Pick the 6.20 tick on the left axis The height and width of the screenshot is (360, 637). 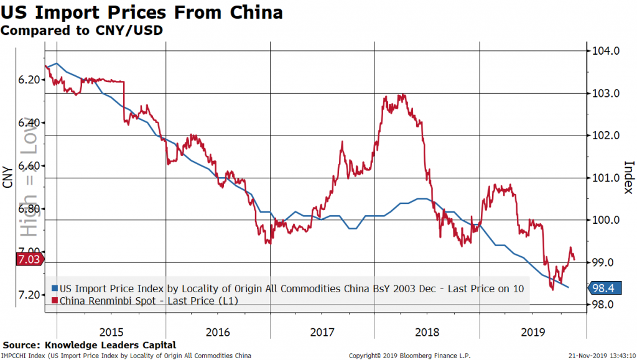pyautogui.click(x=28, y=80)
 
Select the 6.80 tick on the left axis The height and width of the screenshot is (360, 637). pyautogui.click(x=28, y=209)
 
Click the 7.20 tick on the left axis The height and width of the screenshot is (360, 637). pyautogui.click(x=28, y=295)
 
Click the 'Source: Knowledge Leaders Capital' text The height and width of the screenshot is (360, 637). pyautogui.click(x=90, y=344)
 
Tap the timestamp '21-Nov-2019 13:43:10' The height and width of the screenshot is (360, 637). pyautogui.click(x=598, y=355)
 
